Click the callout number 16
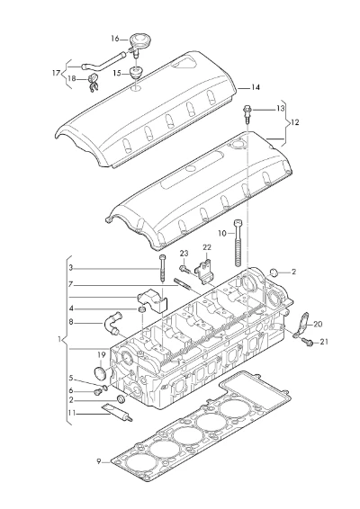coord(115,39)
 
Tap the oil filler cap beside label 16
coord(139,40)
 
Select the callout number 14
coord(256,87)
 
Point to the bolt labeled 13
coord(247,113)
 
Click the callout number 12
coord(294,122)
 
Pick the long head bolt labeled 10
coord(238,243)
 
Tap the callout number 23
coord(184,254)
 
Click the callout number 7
coord(71,285)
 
